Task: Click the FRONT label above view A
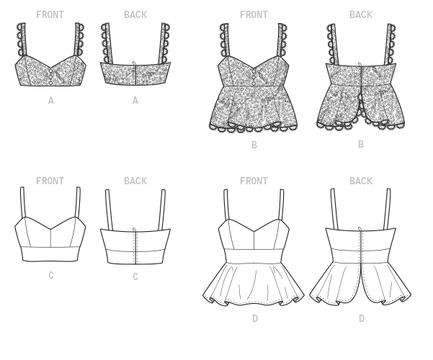click(50, 14)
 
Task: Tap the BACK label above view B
click(361, 14)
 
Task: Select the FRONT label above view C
click(50, 181)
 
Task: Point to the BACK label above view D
click(361, 181)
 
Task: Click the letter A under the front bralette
click(51, 101)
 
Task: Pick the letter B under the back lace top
click(361, 145)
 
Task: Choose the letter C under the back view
click(135, 276)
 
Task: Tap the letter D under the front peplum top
click(255, 318)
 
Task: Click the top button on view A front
click(50, 71)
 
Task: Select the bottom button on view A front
click(50, 82)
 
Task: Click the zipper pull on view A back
click(135, 64)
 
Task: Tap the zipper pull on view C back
click(135, 230)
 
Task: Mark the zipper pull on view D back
click(360, 230)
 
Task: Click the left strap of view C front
click(23, 202)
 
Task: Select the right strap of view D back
click(387, 209)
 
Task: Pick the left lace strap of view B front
click(225, 40)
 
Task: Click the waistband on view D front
click(254, 256)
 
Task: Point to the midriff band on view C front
click(50, 253)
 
